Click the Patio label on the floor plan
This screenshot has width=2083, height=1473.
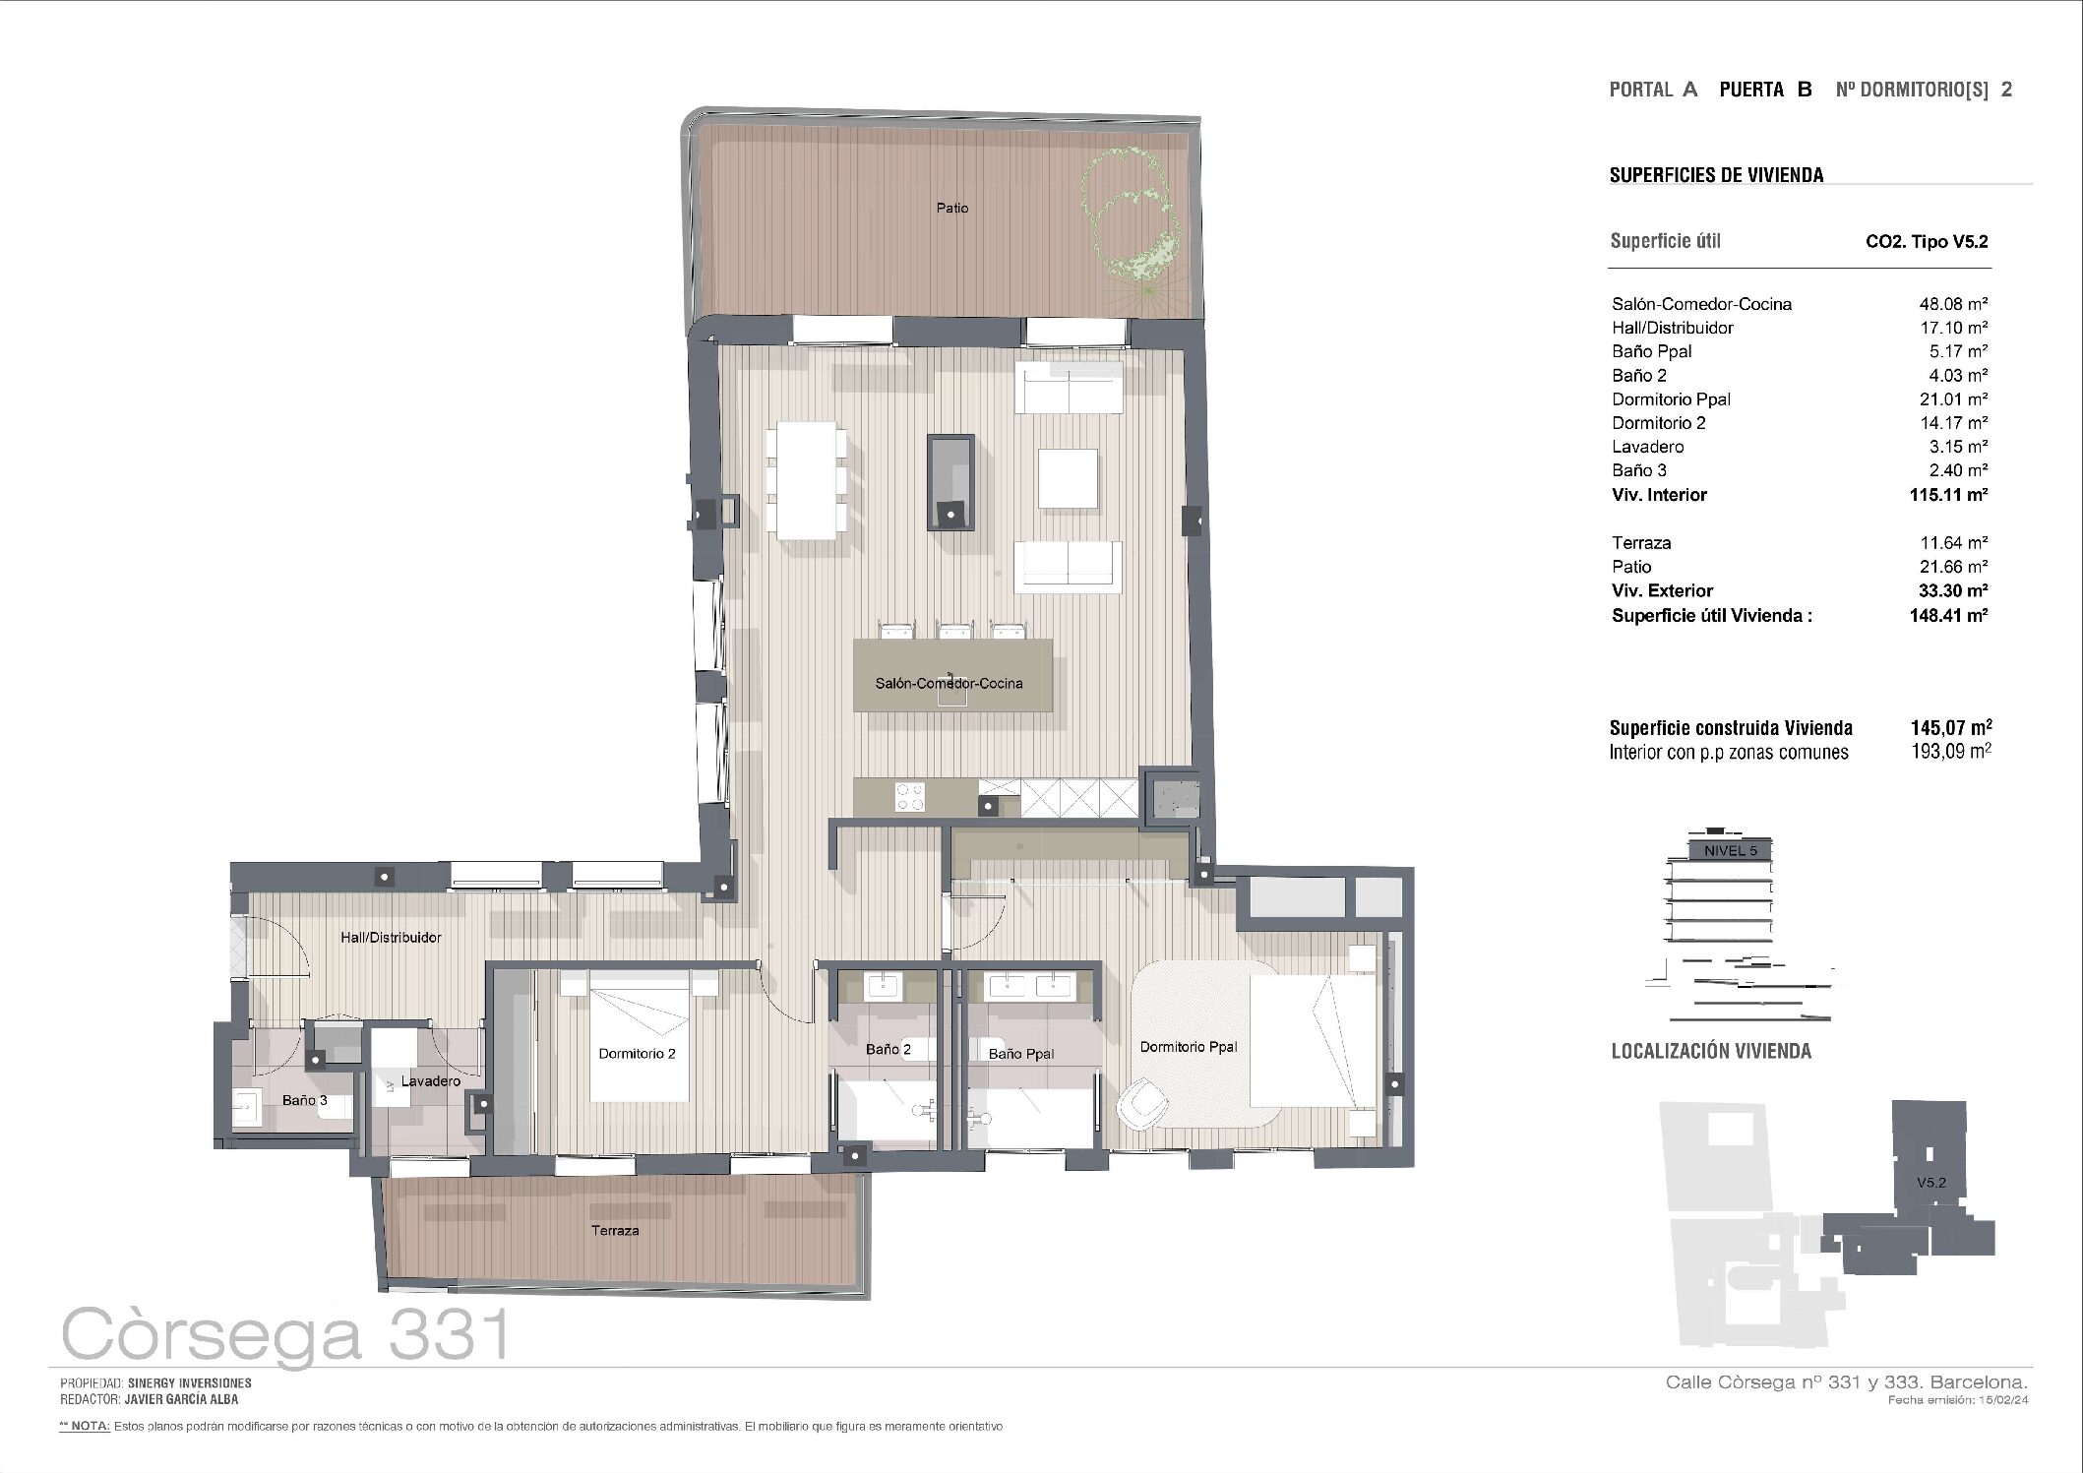(x=952, y=209)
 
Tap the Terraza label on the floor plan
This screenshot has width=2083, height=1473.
(x=615, y=1230)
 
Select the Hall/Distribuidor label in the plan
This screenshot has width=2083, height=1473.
(x=391, y=938)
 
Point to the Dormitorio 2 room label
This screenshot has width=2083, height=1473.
(x=637, y=1054)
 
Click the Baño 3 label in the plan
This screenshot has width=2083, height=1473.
(x=305, y=1100)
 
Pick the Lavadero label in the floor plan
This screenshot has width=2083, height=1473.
(x=431, y=1081)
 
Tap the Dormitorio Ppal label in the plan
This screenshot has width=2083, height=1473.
(x=1189, y=1047)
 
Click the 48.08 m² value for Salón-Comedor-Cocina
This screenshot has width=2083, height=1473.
(x=1946, y=304)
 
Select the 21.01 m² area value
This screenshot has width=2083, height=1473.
(x=1946, y=399)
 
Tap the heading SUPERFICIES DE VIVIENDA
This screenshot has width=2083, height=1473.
(x=1716, y=175)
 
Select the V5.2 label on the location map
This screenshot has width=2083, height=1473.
(x=1931, y=1183)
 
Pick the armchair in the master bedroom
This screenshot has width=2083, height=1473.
(x=1144, y=1102)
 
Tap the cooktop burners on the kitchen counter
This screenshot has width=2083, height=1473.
(x=909, y=796)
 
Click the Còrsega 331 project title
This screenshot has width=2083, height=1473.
(x=286, y=1333)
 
